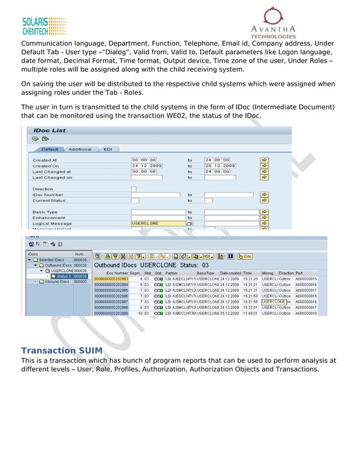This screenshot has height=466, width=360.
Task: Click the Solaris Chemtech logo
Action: pyautogui.click(x=44, y=26)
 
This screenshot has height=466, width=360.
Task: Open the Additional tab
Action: pyautogui.click(x=80, y=150)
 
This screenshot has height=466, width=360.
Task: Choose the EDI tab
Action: pyautogui.click(x=107, y=150)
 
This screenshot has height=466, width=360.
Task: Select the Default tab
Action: pyautogui.click(x=50, y=150)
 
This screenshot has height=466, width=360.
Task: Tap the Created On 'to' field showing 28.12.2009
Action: pyautogui.click(x=220, y=166)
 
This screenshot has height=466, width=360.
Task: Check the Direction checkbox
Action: pyautogui.click(x=133, y=188)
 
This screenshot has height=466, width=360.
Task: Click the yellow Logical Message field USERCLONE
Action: pyautogui.click(x=158, y=223)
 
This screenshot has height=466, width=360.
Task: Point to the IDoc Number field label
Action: pyautogui.click(x=47, y=195)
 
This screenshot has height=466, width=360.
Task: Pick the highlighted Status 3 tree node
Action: pyautogui.click(x=63, y=276)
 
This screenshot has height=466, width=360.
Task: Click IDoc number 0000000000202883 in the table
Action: pyautogui.click(x=111, y=279)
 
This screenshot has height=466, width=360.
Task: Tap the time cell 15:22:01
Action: pyautogui.click(x=251, y=307)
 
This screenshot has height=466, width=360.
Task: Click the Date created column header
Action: pyautogui.click(x=230, y=273)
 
